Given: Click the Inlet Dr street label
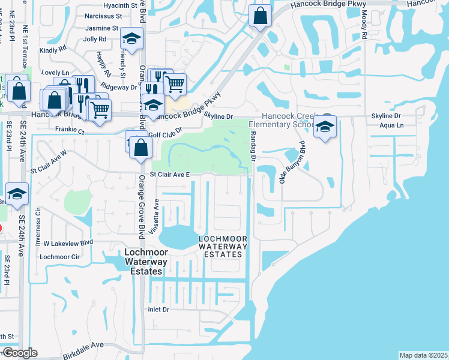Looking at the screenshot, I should (x=159, y=310).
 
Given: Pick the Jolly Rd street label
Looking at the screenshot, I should (x=95, y=39).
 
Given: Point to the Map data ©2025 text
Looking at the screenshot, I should (x=423, y=355).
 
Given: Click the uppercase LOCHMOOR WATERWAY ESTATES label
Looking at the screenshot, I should (x=223, y=246).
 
